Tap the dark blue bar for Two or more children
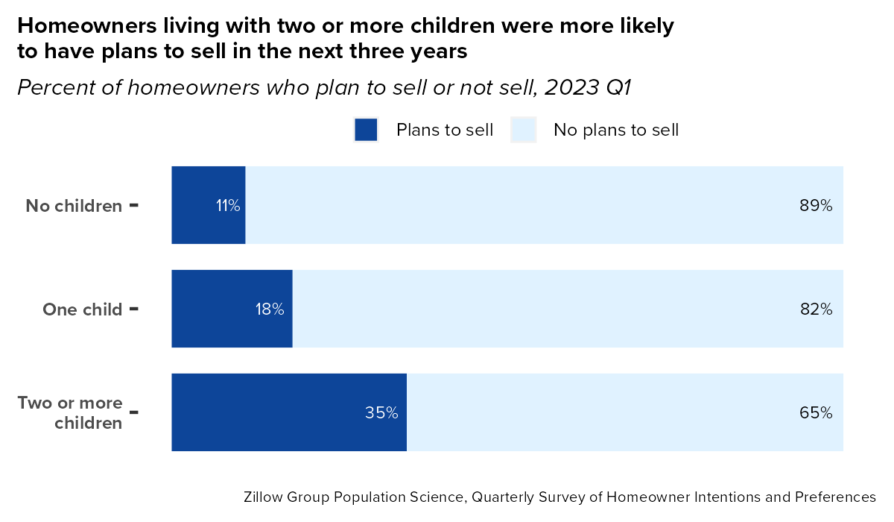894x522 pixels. [289, 412]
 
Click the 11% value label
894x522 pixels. [228, 206]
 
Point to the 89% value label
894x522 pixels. [815, 206]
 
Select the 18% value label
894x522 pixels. [270, 309]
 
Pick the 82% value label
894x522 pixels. [815, 309]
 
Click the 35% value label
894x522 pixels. [381, 412]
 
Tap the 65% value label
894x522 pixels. [815, 412]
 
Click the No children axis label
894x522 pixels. [74, 206]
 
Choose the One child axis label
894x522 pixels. [82, 309]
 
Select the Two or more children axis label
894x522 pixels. [70, 412]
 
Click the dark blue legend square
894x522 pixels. [366, 130]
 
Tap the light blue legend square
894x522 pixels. [523, 130]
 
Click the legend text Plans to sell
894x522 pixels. [445, 130]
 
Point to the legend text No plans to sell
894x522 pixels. [616, 130]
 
